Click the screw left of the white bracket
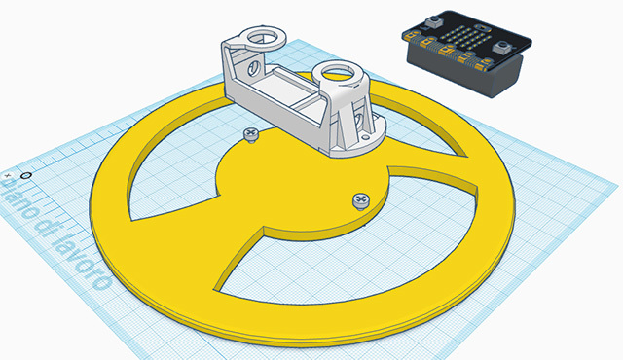(250, 135)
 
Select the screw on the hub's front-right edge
(359, 199)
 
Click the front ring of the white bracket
(339, 73)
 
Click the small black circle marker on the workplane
(25, 176)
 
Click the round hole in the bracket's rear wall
(257, 69)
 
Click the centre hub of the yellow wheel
(292, 185)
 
